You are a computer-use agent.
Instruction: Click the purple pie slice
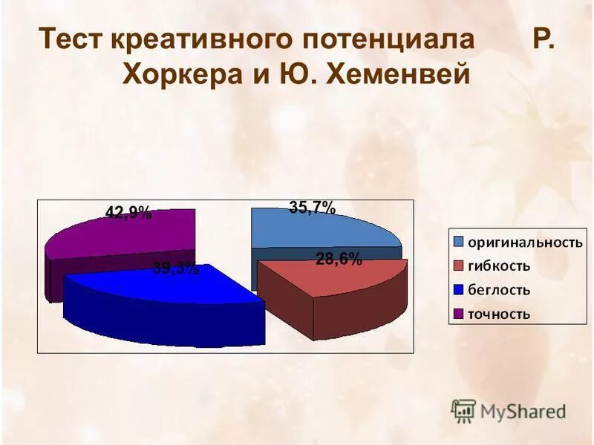point(126,237)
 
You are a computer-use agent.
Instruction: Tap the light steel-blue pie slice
point(319,230)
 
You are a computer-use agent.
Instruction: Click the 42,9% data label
point(128,214)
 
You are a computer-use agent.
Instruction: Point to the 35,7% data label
point(312,208)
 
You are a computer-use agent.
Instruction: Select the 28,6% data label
point(339,259)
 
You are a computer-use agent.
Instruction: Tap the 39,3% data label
point(176,268)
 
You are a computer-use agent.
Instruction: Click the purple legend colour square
point(458,314)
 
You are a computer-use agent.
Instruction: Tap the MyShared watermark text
point(523,410)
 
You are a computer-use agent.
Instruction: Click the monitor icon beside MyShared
point(463,410)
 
